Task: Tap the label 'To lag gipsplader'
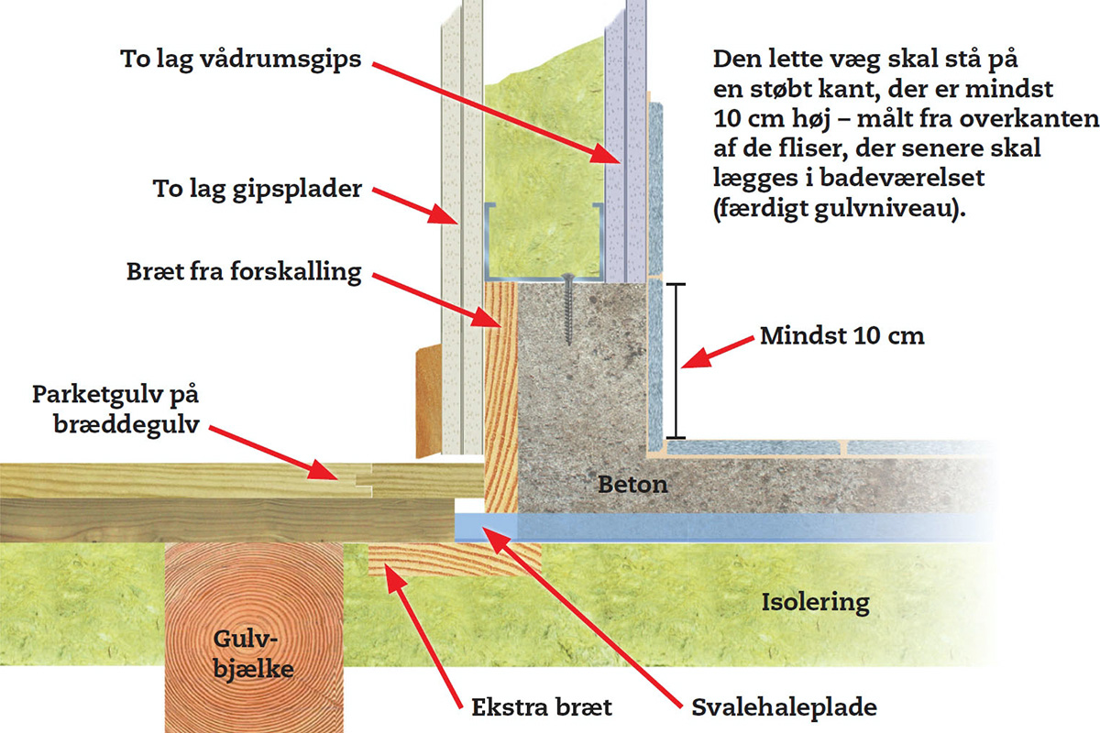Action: click(x=257, y=191)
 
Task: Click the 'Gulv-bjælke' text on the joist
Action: click(x=249, y=654)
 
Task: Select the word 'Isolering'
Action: click(x=815, y=602)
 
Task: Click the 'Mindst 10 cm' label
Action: click(x=842, y=335)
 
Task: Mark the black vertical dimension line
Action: click(x=676, y=360)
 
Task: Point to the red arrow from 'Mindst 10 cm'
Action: click(x=720, y=355)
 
